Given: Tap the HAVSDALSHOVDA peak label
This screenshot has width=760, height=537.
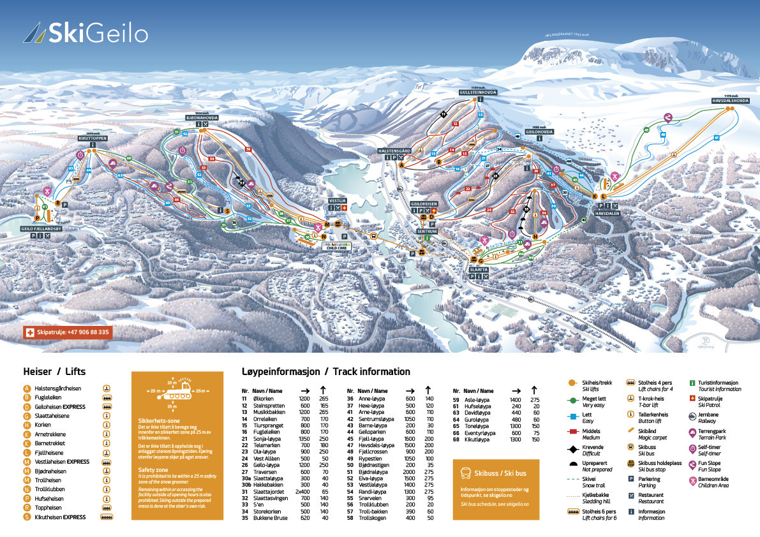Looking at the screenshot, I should coord(730,101).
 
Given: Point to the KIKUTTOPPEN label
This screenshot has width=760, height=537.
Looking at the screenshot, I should coord(93,138).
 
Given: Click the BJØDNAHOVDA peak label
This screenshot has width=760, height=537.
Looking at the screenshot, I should coord(202,118).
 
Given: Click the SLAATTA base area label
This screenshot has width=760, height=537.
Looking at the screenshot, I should coord(479,270).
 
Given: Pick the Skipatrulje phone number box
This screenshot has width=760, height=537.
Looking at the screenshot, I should coord(67,332).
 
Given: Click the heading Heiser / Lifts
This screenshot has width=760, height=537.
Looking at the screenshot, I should coord(54,371).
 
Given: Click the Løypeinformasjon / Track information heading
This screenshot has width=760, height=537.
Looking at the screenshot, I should coord(326,371).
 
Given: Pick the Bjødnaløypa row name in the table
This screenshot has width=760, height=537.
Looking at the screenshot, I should coord(370,472).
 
